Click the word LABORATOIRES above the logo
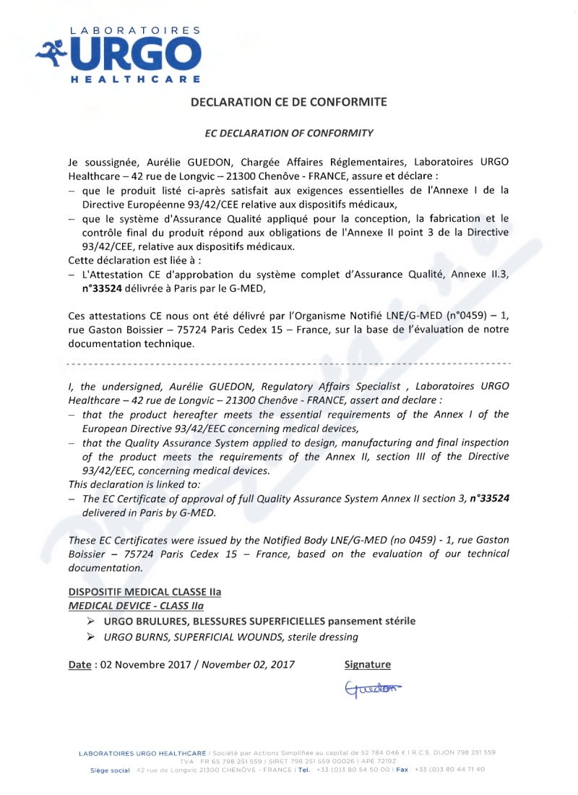point(134,30)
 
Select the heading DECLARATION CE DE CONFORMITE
point(288,102)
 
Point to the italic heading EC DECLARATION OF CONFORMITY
point(289,133)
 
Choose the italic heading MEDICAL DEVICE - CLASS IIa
point(136,606)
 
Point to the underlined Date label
point(79,664)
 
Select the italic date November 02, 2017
point(248,664)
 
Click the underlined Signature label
point(368,664)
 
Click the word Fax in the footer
point(402,770)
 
